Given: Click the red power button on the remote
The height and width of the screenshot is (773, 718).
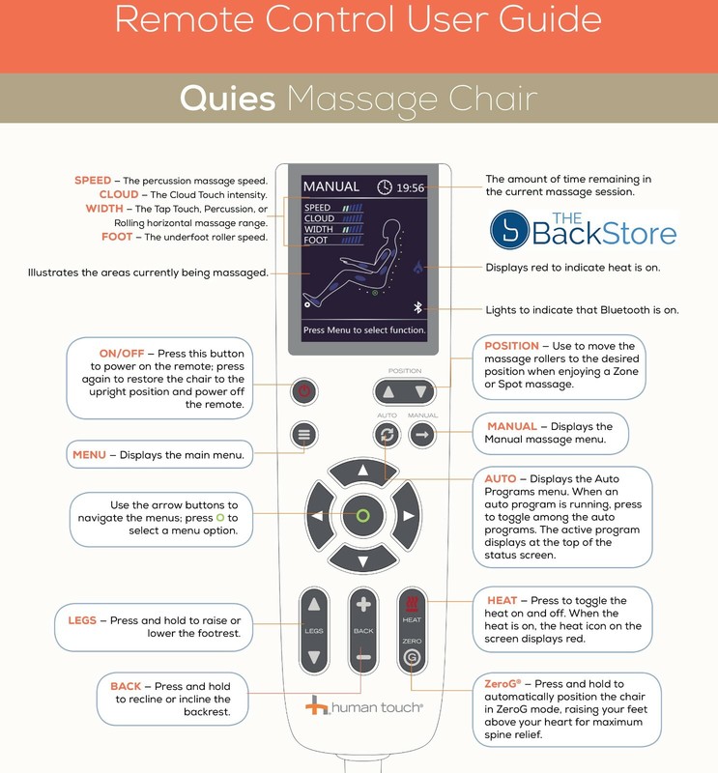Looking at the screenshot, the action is pos(303,391).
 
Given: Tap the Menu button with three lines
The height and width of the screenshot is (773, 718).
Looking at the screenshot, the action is pos(303,434).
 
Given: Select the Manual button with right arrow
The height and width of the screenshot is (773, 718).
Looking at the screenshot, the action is pos(422,434).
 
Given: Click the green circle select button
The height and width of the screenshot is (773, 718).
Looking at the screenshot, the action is pos(363,516).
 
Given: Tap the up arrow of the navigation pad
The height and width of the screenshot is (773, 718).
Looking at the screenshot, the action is pos(363,472).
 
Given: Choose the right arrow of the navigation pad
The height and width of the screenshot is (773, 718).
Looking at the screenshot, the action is pos(408,516).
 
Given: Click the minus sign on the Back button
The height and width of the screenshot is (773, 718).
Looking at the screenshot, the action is pos(363,657).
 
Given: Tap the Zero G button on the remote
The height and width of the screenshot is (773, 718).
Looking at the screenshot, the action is pos(412,657).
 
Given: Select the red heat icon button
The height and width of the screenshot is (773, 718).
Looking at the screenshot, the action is pos(412,603).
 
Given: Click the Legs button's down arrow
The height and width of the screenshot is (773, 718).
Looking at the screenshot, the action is pos(314,657).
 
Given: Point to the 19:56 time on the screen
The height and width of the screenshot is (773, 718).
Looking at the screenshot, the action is pos(411,187).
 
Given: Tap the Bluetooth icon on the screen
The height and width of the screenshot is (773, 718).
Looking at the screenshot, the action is pos(417,307).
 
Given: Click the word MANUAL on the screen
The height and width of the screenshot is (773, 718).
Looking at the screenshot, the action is pos(331,186).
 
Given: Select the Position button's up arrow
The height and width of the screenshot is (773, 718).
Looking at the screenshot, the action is pos(388,392).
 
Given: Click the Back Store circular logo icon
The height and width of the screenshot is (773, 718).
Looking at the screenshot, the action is pos(510,230).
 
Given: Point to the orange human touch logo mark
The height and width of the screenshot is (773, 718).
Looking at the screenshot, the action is pos(316,705).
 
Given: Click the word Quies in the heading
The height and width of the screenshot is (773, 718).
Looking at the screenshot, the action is pos(227,99).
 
